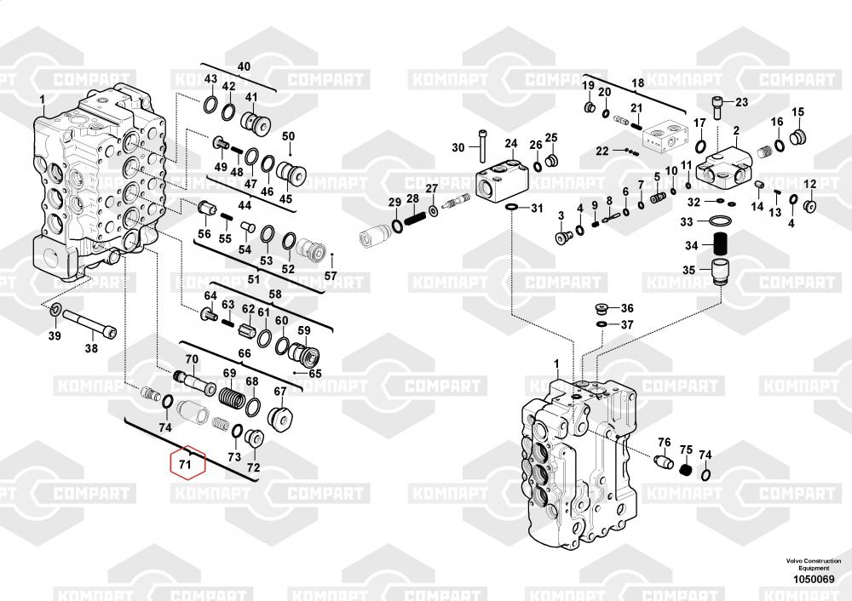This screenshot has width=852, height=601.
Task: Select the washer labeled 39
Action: coord(55,309)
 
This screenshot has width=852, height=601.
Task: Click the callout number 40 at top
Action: coord(244,66)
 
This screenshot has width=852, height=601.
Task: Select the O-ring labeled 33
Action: coord(721,222)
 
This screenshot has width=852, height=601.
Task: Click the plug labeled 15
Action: coord(798,136)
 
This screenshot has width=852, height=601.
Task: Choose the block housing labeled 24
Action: coord(504,179)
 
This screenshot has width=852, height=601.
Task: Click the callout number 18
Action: coord(637,83)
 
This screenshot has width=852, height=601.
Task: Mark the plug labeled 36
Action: coord(602,308)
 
